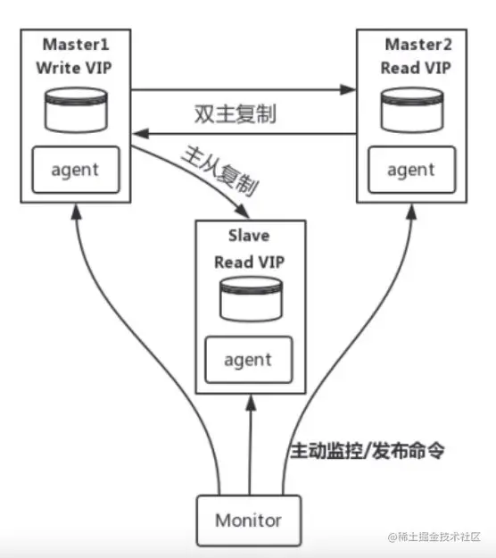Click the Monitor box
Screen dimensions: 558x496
pos(248,520)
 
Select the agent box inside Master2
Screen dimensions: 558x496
pos(412,170)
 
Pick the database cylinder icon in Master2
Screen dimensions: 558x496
pos(410,109)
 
